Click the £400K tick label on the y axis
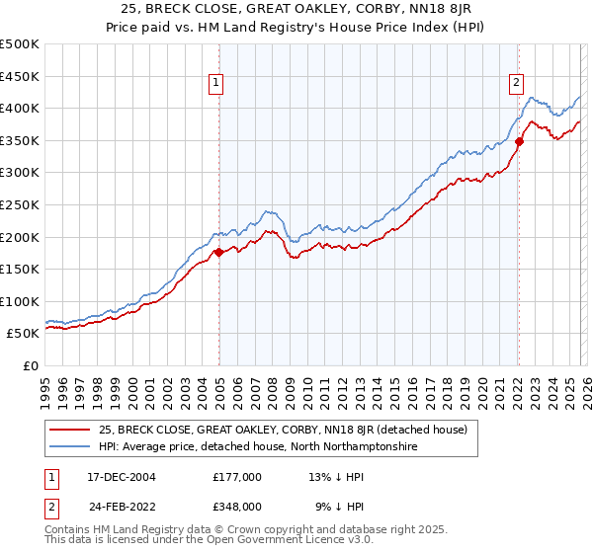[x=20, y=108]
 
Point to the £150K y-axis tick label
[x=20, y=269]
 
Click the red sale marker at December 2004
[x=218, y=252]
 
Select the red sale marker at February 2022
[x=518, y=141]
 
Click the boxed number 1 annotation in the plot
[x=215, y=83]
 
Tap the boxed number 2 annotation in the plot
[x=516, y=83]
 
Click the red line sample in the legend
[x=69, y=430]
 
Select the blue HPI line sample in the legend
[x=69, y=446]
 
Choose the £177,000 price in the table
[x=237, y=476]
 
